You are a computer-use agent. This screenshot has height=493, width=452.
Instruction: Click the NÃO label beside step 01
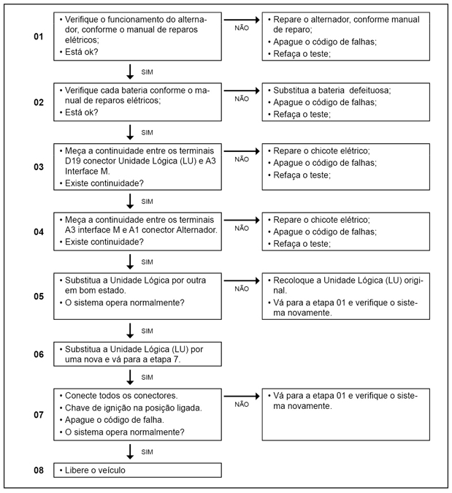click(242, 28)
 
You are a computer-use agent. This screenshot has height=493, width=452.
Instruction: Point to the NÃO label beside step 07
click(242, 403)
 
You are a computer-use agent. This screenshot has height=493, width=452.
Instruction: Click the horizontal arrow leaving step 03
click(242, 152)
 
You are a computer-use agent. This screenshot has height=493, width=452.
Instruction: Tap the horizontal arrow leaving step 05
click(242, 280)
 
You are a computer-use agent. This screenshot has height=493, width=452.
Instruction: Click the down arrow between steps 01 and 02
click(130, 72)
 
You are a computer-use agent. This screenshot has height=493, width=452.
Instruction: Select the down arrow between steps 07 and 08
click(130, 450)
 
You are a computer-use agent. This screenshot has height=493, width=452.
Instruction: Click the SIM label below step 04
click(147, 261)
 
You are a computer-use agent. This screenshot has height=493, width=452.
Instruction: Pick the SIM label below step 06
click(147, 377)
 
